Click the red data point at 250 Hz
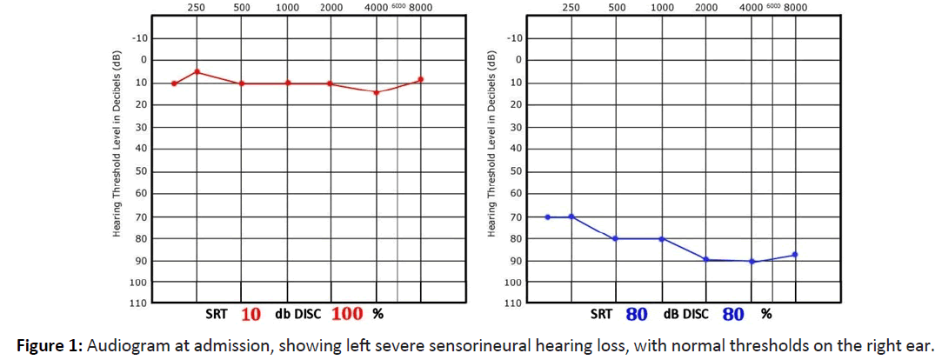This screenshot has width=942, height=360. coord(197,71)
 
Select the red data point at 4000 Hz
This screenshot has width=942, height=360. coord(376,92)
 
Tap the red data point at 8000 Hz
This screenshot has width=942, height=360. coord(421,79)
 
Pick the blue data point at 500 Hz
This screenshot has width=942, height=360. coord(616,238)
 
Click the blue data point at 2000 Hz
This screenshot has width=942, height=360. coord(706,259)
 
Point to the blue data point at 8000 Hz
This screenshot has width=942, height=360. coord(795,255)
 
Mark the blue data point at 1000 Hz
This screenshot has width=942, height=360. coord(661,238)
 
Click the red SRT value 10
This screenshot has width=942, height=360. coord(251,314)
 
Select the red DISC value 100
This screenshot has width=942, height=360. coord(347,314)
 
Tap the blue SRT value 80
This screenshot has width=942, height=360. coord(637,314)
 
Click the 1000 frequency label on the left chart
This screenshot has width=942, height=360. coord(287,8)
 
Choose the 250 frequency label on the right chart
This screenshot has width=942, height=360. coord(571,8)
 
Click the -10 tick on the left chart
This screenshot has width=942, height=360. coord(140,38)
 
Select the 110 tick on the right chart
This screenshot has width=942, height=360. coord(514,303)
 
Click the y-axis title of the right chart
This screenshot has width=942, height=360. coord(491,143)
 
